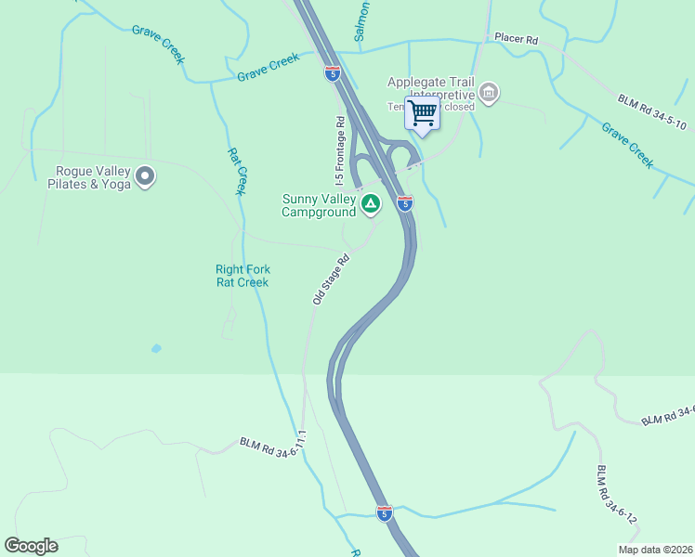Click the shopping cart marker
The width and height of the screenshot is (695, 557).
tap(422, 114)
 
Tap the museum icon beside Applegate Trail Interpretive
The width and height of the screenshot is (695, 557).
tap(489, 93)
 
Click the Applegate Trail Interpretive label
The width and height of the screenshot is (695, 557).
tap(430, 87)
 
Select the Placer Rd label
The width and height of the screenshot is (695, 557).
tap(517, 40)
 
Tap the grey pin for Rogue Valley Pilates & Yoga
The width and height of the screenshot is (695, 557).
tap(145, 175)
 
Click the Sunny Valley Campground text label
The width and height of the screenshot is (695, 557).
tap(320, 205)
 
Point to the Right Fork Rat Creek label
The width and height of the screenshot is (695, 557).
tap(243, 276)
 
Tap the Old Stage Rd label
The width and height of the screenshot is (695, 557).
tap(330, 278)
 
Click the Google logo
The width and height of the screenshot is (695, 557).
tap(31, 546)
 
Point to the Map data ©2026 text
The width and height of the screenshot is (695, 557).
tap(655, 550)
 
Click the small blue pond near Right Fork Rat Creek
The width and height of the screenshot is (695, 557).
tap(155, 348)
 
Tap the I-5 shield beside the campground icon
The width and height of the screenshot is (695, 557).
tap(405, 203)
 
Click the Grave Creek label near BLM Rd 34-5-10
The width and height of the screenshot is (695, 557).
tap(627, 145)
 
